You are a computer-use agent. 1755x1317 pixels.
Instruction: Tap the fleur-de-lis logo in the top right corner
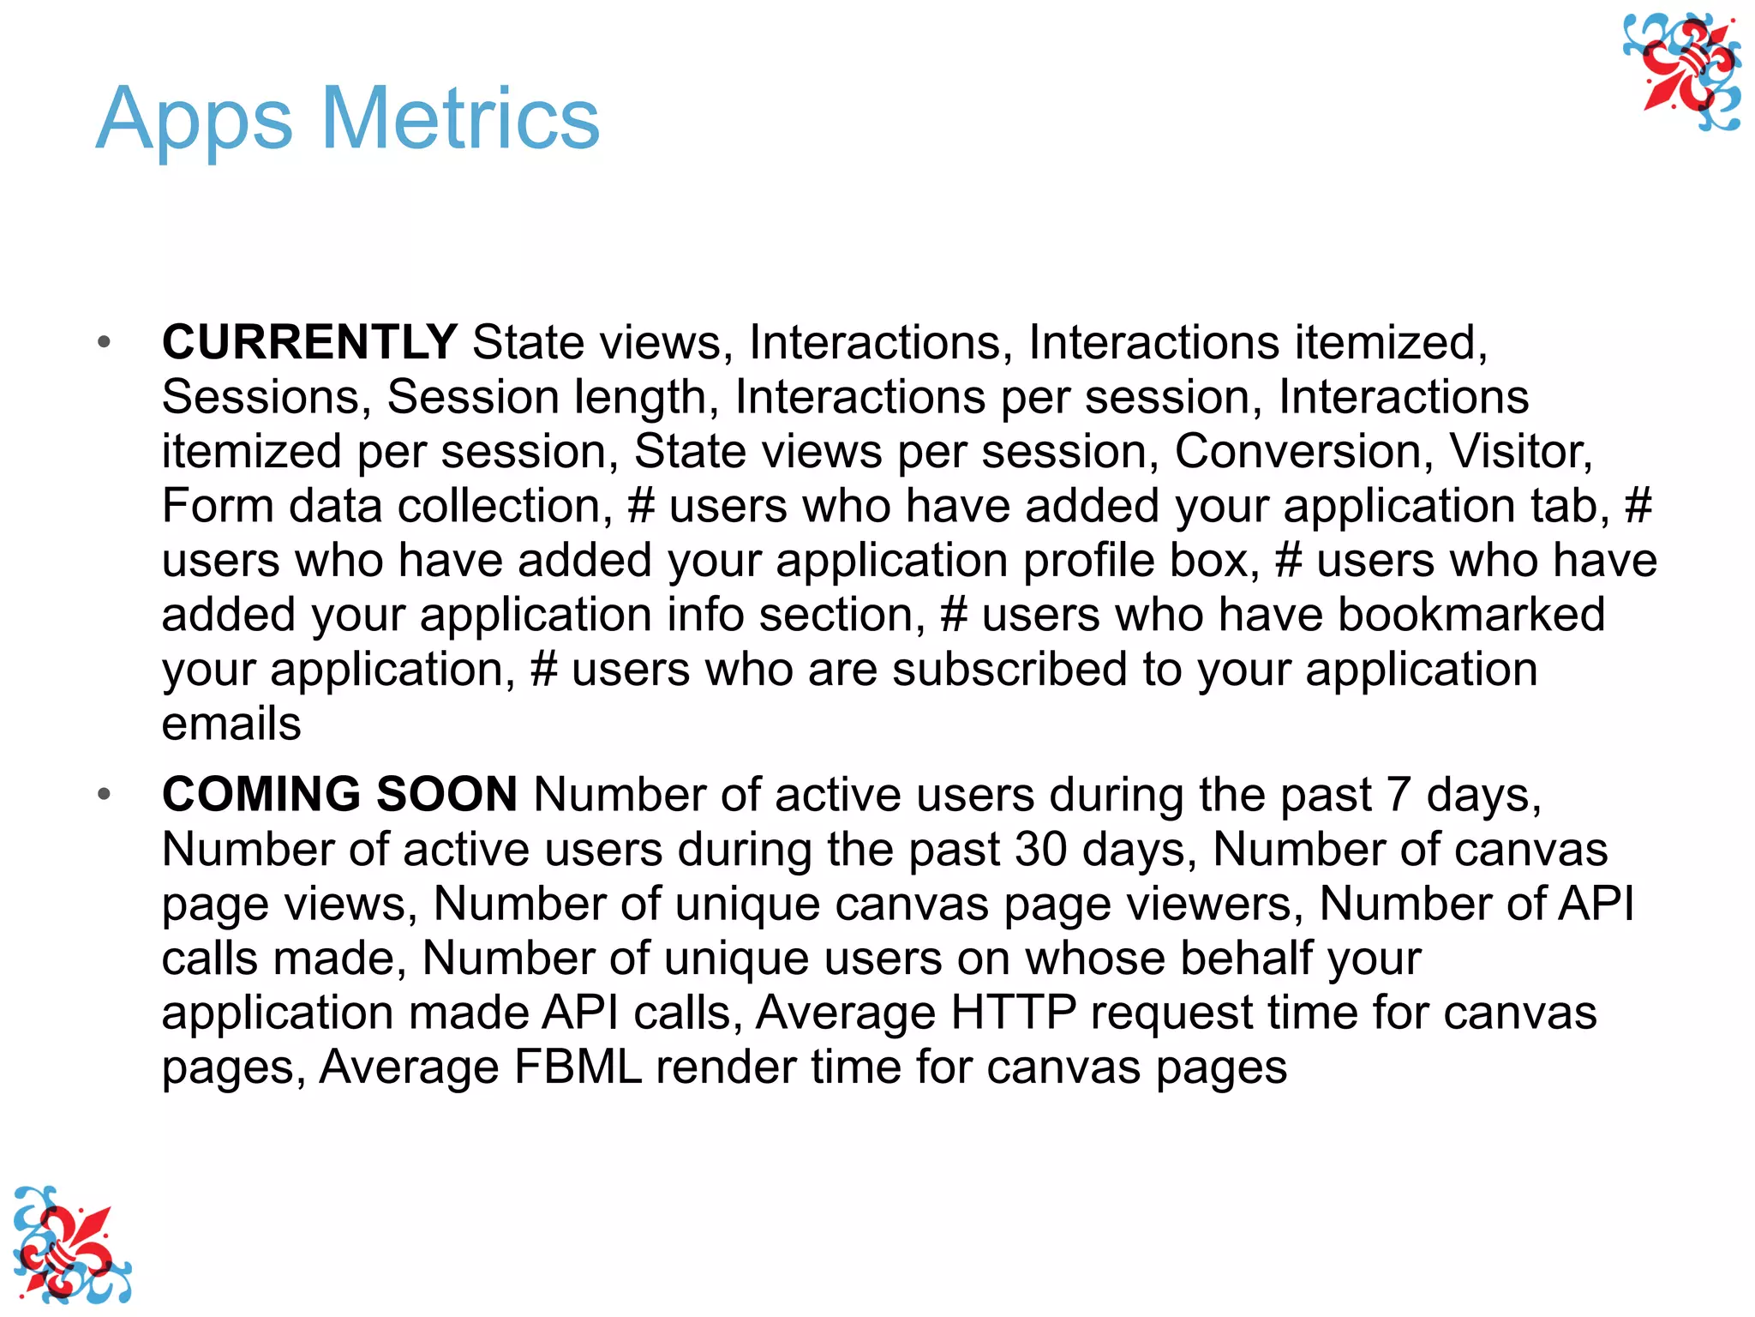(1682, 72)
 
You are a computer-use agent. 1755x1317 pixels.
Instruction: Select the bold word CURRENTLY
(309, 342)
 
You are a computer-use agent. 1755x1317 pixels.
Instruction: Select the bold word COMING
(261, 794)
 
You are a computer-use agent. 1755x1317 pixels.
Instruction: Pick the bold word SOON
(446, 794)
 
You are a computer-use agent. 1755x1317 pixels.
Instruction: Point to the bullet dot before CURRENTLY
(105, 343)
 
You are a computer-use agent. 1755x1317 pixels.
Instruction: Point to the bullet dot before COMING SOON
(105, 795)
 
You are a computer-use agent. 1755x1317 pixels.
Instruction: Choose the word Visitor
(1519, 451)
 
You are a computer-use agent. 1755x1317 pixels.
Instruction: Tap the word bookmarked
(1470, 615)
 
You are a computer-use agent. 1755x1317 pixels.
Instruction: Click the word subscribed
(1009, 670)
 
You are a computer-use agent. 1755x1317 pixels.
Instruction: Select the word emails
(231, 724)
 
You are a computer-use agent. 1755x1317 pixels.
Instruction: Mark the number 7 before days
(1398, 795)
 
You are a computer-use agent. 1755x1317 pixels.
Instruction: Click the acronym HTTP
(1013, 1013)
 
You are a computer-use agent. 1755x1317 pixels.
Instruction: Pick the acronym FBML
(578, 1067)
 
